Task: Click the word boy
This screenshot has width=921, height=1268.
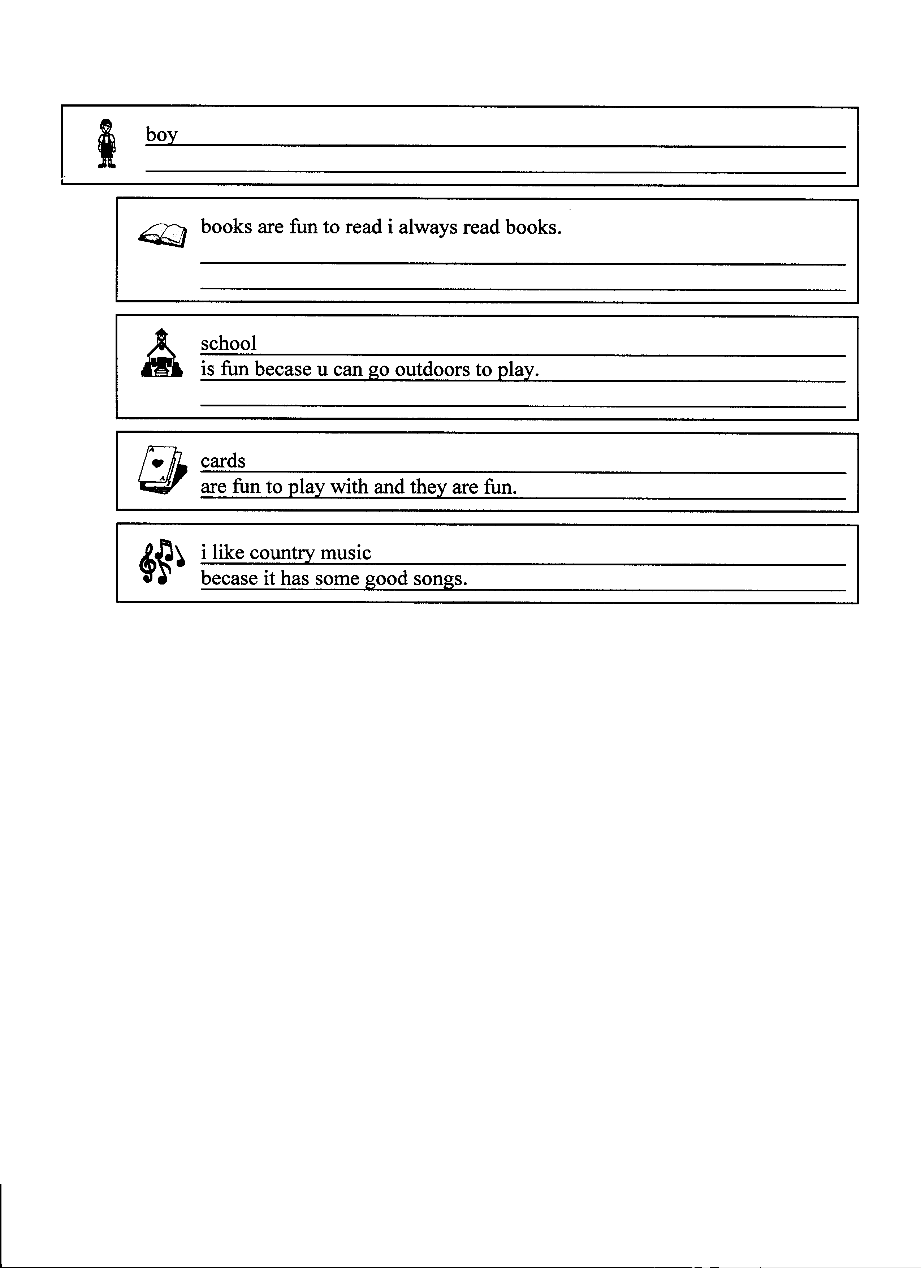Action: tap(161, 135)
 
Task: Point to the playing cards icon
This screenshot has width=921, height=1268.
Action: tap(161, 470)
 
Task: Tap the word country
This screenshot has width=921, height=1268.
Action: tap(282, 553)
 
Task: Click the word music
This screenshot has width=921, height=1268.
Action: tap(345, 553)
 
